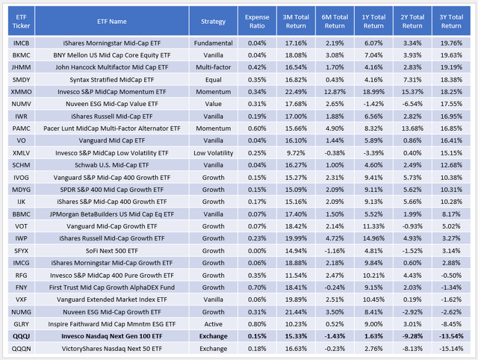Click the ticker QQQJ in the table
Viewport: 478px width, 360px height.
23,336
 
